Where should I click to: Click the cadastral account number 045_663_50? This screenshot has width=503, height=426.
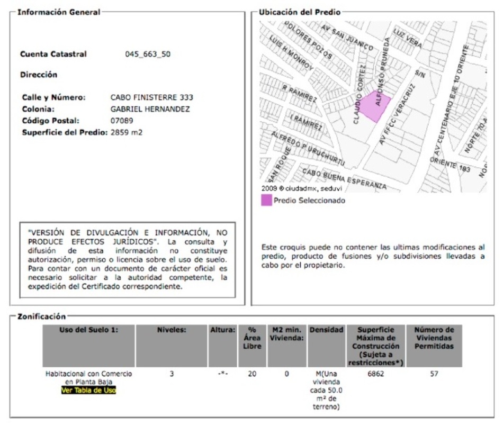[x=148, y=54]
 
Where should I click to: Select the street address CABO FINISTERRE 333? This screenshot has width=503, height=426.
[x=151, y=97]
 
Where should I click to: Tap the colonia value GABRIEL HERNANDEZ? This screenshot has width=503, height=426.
[x=150, y=109]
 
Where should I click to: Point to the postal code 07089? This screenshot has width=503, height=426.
[x=122, y=121]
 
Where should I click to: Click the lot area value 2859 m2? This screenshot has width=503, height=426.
[x=127, y=132]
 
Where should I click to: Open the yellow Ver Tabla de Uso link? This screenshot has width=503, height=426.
[x=88, y=391]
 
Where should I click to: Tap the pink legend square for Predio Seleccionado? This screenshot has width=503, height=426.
[x=266, y=201]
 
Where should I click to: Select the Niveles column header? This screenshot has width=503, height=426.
[x=172, y=330]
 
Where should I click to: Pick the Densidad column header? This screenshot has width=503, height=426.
[x=326, y=330]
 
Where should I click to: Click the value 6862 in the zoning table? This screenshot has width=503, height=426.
[x=376, y=374]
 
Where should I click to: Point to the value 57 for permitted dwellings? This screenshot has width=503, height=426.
[x=434, y=374]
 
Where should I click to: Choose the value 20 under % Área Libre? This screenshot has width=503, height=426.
[x=252, y=374]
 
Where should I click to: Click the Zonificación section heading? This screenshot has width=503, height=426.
[x=42, y=316]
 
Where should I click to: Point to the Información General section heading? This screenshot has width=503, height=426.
[x=59, y=12]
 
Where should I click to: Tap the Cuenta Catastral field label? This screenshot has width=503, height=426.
[x=53, y=54]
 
